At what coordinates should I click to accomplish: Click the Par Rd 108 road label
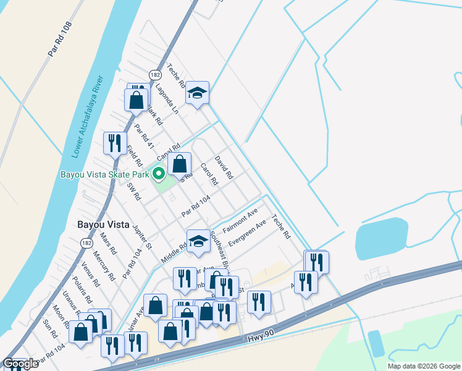(60, 41)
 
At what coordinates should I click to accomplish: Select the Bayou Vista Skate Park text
(104, 175)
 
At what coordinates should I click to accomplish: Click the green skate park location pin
(158, 174)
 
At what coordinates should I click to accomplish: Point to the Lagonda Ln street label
(167, 99)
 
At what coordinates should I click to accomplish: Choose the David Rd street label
(224, 167)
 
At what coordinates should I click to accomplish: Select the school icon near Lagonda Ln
(198, 93)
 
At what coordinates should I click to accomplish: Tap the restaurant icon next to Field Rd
(114, 143)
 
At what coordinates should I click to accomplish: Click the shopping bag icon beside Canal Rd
(179, 164)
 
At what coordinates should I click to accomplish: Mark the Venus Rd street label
(90, 275)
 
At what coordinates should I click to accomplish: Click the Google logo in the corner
(20, 364)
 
